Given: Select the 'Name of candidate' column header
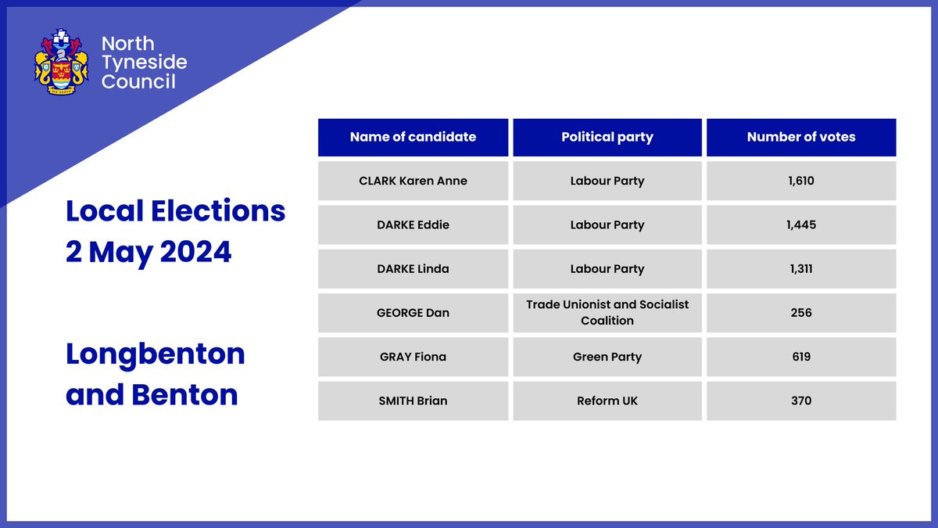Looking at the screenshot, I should coord(413,137).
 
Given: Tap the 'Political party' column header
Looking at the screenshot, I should coord(607,137).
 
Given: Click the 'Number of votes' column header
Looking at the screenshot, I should coord(801,137).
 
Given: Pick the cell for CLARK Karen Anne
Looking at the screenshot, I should coord(413,181).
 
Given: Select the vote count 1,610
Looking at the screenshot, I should coord(801,181).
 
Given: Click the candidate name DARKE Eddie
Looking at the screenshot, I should coord(413,224).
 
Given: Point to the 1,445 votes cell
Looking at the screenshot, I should coord(801,224).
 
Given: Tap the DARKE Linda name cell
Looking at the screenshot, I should coord(413,268).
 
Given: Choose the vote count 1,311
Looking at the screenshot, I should coord(801,268).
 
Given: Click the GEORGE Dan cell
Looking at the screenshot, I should coord(413,313).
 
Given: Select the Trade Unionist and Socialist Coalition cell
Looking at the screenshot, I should coord(607,313).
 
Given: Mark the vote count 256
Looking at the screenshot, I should coord(801,313).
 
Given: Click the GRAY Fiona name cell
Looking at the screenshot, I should coord(413,357).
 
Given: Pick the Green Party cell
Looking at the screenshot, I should coord(607,357).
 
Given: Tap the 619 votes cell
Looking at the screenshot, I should coord(801,357).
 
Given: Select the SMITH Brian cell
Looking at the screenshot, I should coord(413,400).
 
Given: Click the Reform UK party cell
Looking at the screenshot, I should coord(607,400).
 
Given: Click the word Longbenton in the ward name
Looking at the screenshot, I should coord(156,354).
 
